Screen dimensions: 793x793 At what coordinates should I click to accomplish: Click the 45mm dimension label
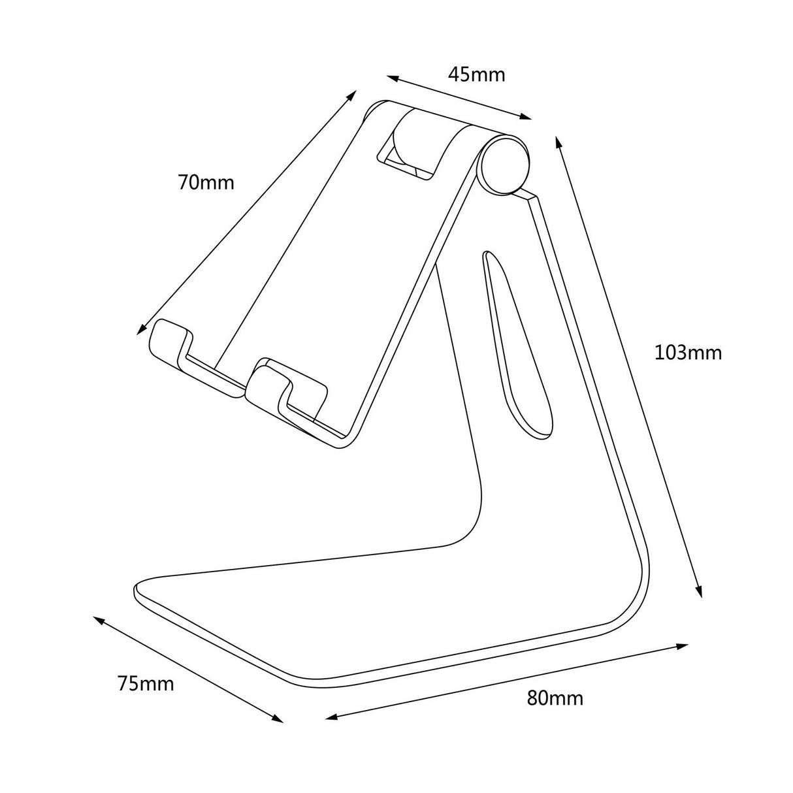(x=476, y=74)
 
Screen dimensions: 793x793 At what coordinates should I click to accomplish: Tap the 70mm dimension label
(x=206, y=182)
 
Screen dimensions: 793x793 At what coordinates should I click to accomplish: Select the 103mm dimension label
(x=688, y=353)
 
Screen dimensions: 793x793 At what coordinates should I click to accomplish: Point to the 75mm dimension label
(x=146, y=684)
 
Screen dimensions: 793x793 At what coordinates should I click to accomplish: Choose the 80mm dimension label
(x=555, y=698)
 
